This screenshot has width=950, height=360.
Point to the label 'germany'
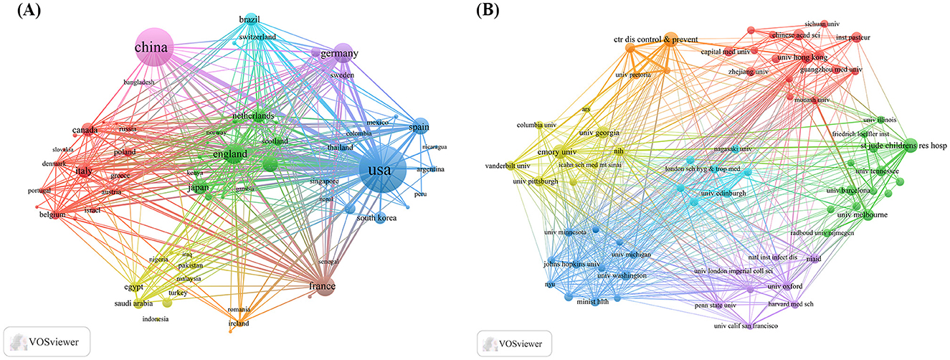pyautogui.click(x=339, y=54)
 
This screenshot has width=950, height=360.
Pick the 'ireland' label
pyautogui.click(x=239, y=323)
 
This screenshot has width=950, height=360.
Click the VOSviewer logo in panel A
pyautogui.click(x=46, y=341)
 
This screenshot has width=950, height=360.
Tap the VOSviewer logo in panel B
pyautogui.click(x=514, y=343)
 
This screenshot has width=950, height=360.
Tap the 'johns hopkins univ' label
pyautogui.click(x=573, y=264)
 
